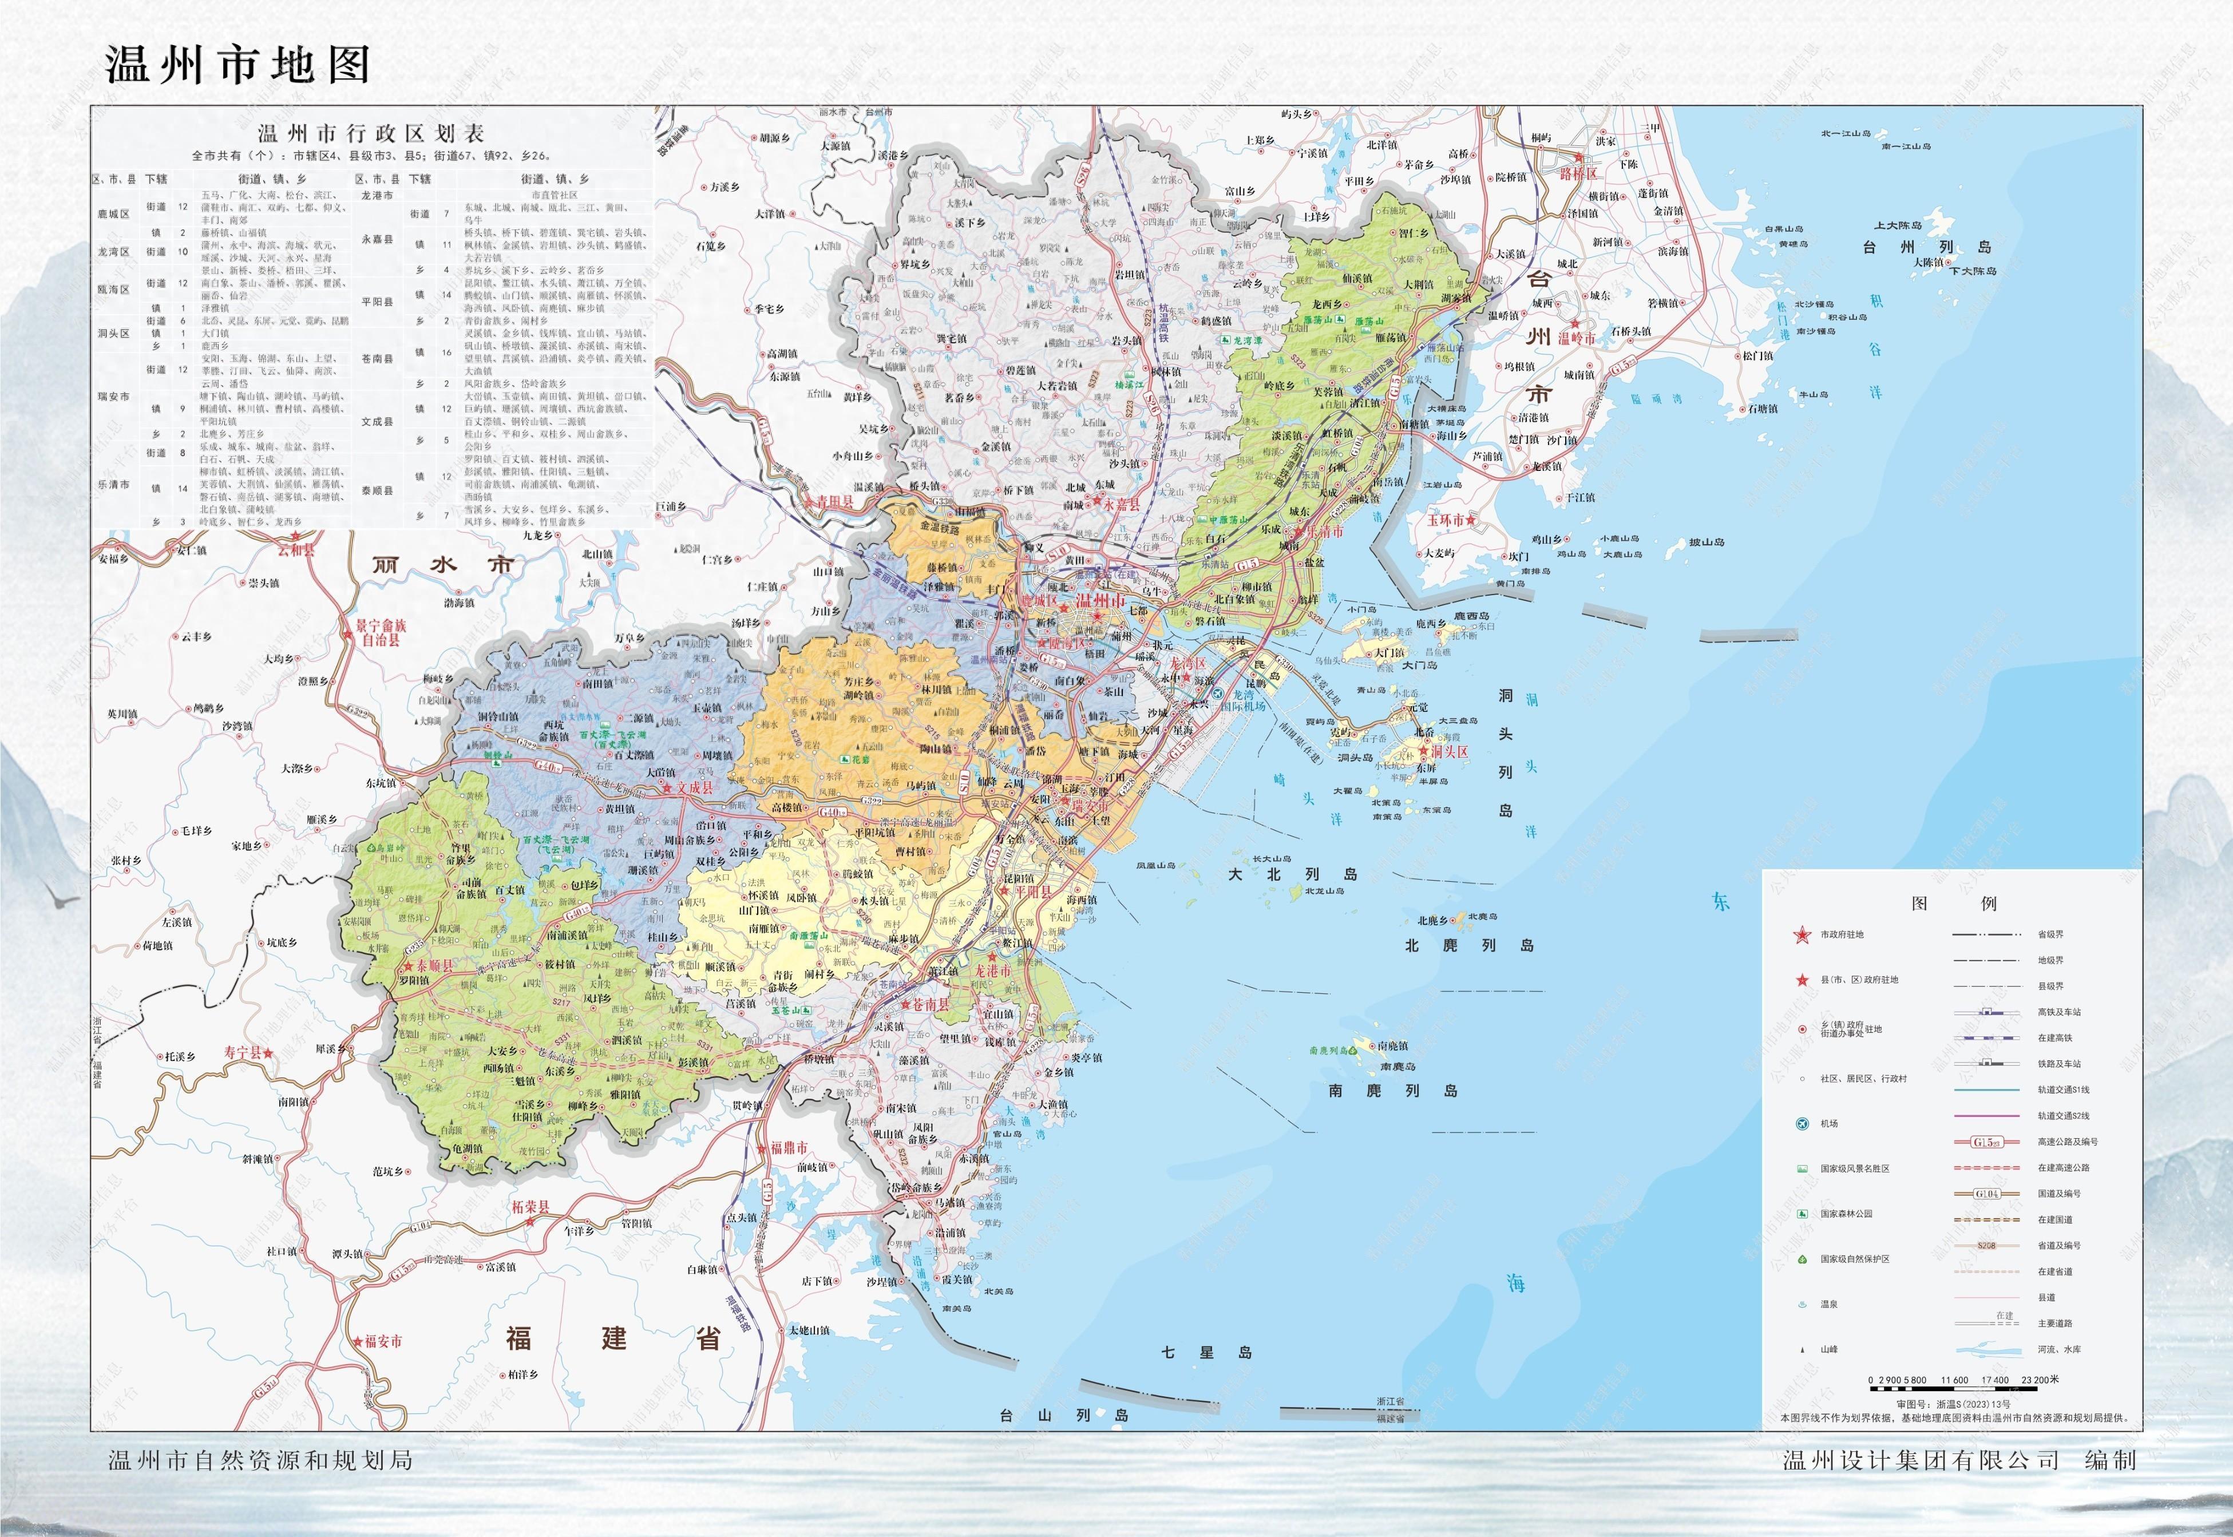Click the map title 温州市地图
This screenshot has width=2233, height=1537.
pos(237,65)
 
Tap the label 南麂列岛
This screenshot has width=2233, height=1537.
pos(1392,1091)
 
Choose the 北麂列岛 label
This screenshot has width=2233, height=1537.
pos(1468,946)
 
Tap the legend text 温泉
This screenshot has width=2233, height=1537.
pos(1828,1304)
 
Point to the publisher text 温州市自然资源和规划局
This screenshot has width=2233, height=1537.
pos(260,1461)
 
